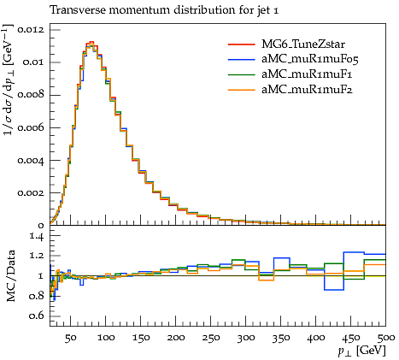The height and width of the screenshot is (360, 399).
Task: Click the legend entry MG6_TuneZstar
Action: click(303, 44)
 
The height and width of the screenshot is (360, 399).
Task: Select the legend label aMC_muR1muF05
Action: click(310, 59)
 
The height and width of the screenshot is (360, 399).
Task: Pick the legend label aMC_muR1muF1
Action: click(307, 74)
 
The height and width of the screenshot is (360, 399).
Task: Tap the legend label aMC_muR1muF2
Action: click(307, 90)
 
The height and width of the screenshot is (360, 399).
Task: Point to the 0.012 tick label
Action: click(31, 29)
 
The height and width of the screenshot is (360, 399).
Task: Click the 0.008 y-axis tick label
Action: click(31, 95)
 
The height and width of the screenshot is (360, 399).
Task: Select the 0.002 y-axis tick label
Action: click(31, 192)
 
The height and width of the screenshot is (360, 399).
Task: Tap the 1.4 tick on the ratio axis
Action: click(37, 236)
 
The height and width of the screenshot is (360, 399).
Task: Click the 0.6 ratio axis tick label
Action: click(37, 316)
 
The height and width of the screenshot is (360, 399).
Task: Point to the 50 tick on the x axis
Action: click(70, 338)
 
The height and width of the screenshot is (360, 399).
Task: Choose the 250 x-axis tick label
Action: click(211, 338)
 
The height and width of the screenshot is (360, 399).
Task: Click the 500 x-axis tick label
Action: click(386, 338)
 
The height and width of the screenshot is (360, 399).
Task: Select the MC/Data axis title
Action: click(11, 275)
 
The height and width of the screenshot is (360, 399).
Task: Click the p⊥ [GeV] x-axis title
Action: click(361, 351)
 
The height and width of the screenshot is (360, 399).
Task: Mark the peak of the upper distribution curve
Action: click(91, 42)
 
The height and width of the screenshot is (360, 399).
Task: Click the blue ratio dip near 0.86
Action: click(334, 290)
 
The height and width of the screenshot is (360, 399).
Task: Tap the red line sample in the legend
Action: click(241, 44)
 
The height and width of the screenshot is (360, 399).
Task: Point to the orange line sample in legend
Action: click(241, 90)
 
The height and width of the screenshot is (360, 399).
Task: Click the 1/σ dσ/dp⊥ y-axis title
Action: click(9, 80)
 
